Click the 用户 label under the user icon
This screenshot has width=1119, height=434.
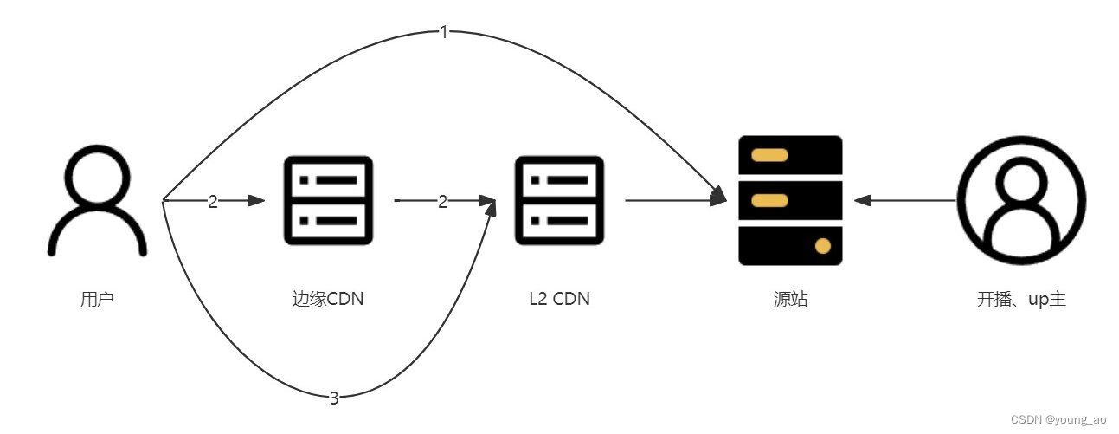[x=97, y=301]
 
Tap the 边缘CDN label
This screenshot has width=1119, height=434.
[x=329, y=301]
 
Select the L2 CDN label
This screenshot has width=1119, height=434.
[x=559, y=301]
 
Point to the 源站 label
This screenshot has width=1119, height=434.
[x=790, y=301]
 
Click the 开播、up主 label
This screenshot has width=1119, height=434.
[x=1021, y=301]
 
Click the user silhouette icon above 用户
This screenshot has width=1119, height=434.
[x=97, y=199]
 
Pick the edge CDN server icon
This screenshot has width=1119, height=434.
[x=329, y=200]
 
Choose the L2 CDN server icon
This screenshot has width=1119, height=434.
[x=559, y=200]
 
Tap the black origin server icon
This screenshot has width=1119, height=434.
[x=790, y=200]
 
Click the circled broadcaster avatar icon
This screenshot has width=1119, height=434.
[x=1021, y=200]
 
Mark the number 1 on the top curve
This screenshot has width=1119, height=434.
[x=444, y=33]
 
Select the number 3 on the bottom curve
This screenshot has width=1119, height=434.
[x=334, y=398]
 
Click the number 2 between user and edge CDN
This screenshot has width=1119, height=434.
[x=213, y=201]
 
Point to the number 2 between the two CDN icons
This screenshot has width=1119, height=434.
[x=443, y=201]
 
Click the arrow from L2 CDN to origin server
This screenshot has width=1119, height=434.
[x=675, y=201]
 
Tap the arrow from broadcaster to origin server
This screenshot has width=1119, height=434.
[x=904, y=201]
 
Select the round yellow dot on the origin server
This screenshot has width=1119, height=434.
[x=822, y=246]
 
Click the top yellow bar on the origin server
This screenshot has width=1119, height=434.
[x=769, y=156]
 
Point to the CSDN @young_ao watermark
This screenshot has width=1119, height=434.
[x=1058, y=419]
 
